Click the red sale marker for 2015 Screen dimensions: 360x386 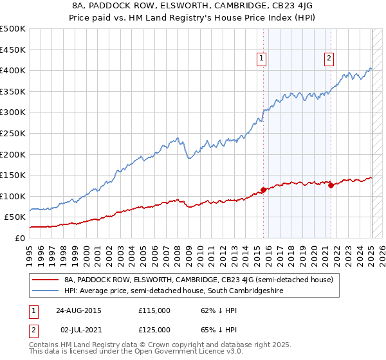tap(264, 190)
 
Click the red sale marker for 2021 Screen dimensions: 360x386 tap(331, 185)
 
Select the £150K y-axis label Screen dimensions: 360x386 tap(12, 175)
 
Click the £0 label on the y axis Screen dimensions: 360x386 tap(19, 238)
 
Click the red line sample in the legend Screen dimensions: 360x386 tap(45, 280)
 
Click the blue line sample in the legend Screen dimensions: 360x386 tap(45, 291)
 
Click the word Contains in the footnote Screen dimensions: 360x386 tap(44, 345)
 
